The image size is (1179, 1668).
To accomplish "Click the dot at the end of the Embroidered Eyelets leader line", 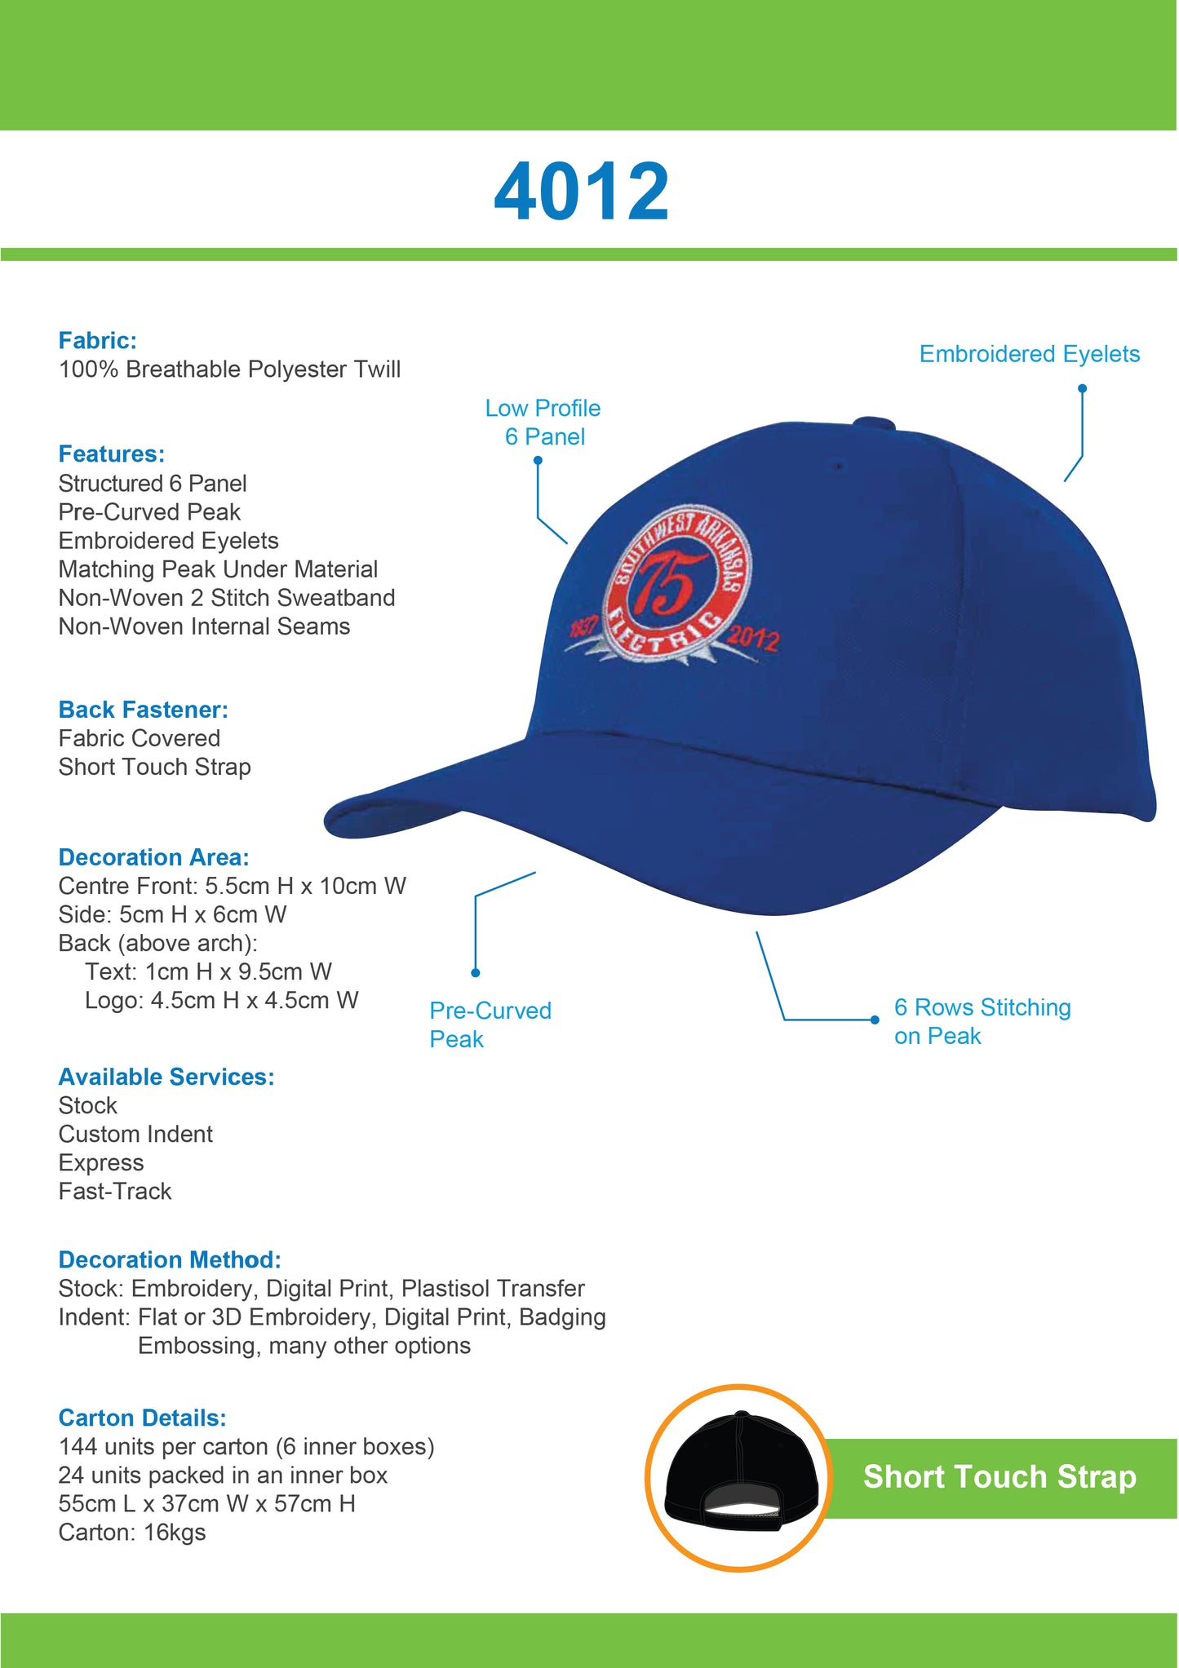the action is pos(1083,388).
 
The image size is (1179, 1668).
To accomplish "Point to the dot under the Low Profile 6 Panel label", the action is pos(538,461).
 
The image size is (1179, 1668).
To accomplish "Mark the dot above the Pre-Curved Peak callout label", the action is pos(476,972).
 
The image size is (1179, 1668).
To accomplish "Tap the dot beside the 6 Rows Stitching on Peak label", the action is pos(875,1020).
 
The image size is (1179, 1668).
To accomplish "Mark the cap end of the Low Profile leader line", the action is pos(568,543).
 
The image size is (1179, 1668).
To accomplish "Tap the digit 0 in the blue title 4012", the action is pos(559,192).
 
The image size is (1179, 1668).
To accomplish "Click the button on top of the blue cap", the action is pos(874,423).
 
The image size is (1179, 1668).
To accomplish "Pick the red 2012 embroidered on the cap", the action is pos(753,639).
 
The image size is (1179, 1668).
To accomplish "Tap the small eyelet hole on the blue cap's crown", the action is pos(837,467).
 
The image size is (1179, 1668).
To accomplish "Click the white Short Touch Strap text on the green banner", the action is pos(999,1477).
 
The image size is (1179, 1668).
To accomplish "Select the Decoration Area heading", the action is pos(153,857).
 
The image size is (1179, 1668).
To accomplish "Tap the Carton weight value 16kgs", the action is pos(175,1533).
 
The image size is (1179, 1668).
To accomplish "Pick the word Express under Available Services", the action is pos(101,1163).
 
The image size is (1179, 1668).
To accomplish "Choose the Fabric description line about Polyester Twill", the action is pos(229,369).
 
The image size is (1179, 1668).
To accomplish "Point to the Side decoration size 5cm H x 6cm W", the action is pos(203,914).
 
